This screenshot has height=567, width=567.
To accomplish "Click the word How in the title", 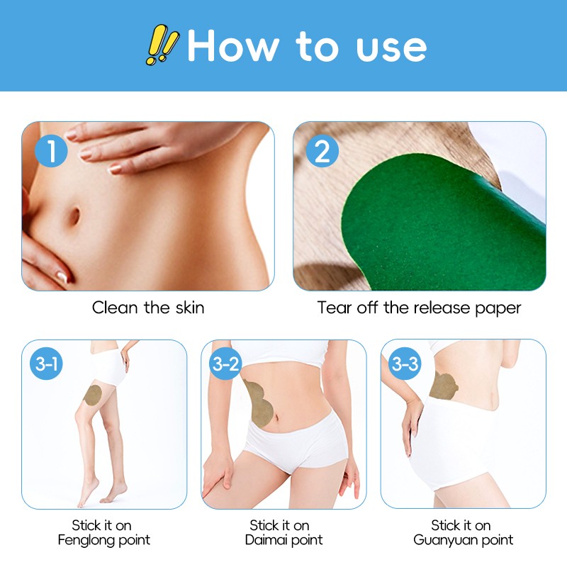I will coord(233,46).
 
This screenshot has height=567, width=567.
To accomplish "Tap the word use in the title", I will coord(391,46).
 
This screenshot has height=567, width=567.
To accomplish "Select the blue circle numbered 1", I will coord(51,152).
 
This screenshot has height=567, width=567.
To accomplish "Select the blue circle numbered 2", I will coord(322,152).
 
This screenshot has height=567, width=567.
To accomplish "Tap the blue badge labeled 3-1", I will coord(47,365).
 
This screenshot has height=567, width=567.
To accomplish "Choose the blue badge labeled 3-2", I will coord(226,365).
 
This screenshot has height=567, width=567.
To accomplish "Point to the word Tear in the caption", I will coord(333,308).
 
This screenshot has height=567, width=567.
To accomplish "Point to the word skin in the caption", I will coord(188,308).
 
